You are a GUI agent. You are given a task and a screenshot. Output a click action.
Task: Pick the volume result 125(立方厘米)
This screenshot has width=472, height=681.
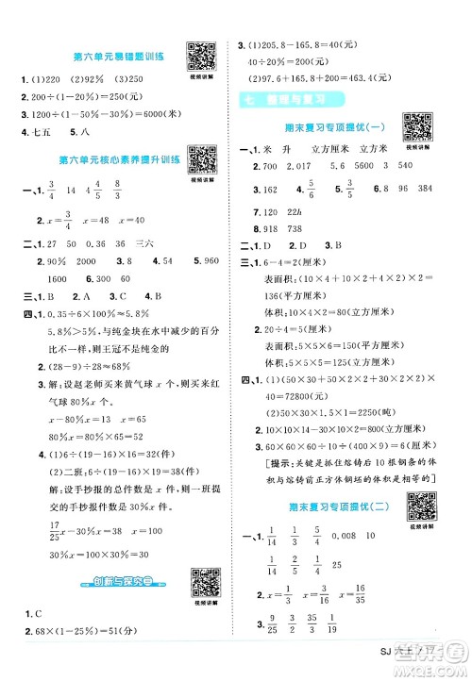pos(349,362)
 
